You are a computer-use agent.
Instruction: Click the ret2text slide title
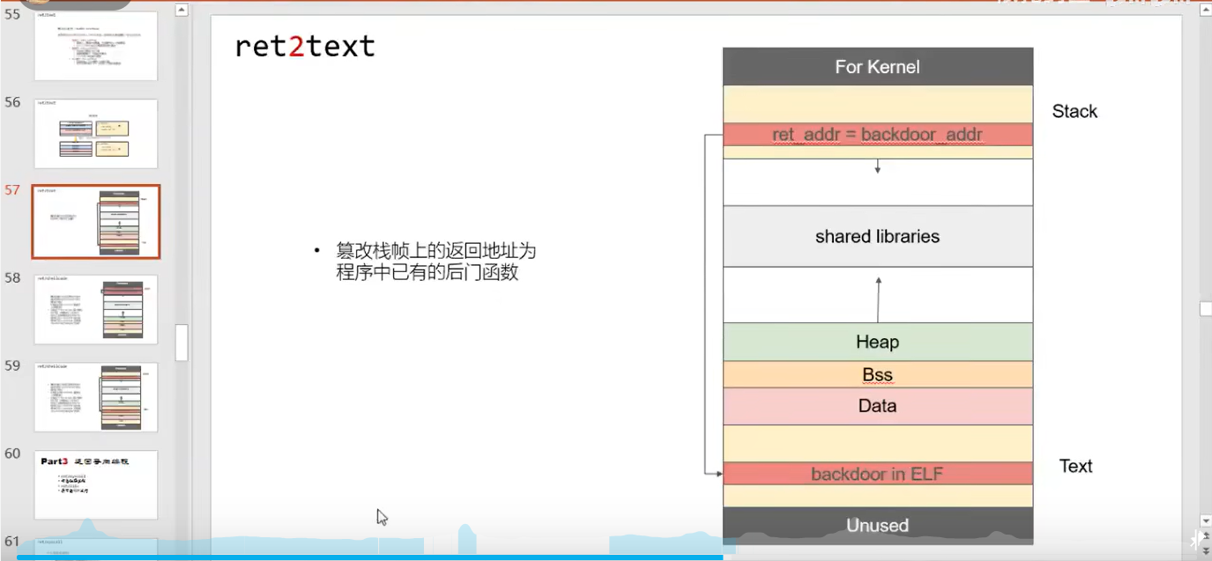tap(305, 46)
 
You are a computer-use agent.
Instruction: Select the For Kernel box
tap(877, 67)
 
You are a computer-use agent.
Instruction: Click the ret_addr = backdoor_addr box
tap(877, 135)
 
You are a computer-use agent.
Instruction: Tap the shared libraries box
tap(877, 236)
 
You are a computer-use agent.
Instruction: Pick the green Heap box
tap(877, 342)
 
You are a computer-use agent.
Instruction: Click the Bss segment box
tap(877, 375)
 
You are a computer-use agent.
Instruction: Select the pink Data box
tap(877, 406)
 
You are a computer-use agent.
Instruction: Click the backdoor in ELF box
tap(877, 474)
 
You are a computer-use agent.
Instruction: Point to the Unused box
tap(877, 525)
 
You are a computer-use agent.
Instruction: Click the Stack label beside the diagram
tap(1074, 111)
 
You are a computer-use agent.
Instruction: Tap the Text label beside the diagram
tap(1075, 466)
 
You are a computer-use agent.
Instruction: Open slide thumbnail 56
tap(96, 134)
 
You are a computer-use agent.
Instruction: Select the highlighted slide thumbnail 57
tap(96, 221)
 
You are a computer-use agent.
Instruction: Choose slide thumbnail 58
tap(96, 309)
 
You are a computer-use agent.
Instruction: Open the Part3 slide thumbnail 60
tap(96, 484)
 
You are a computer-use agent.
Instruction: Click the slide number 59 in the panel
tap(12, 365)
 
